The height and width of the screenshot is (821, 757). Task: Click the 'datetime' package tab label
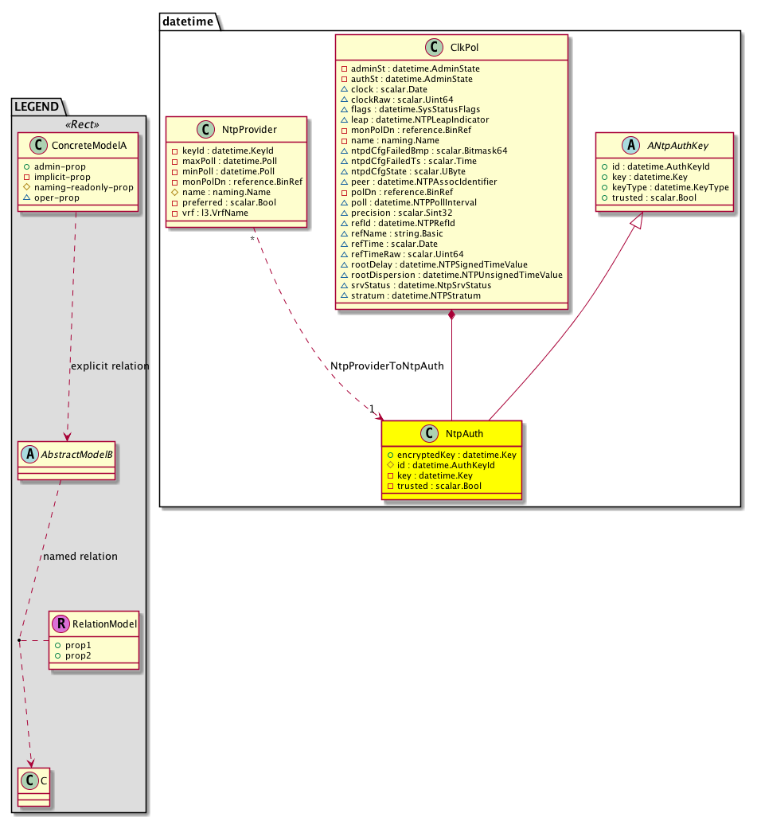pos(187,22)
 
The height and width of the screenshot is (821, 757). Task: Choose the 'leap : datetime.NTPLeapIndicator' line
pos(415,119)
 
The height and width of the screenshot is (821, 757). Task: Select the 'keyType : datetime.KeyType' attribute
pos(664,187)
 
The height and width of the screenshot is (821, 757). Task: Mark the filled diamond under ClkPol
pos(452,315)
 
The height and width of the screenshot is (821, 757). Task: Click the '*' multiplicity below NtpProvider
pos(252,238)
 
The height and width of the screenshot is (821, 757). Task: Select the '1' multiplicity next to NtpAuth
pos(372,409)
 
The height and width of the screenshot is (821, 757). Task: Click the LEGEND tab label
pos(38,106)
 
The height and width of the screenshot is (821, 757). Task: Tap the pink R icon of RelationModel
pos(60,625)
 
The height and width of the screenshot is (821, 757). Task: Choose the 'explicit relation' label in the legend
pos(110,366)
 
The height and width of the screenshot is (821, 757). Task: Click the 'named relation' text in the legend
pos(81,556)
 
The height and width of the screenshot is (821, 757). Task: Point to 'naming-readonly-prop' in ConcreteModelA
pos(83,187)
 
